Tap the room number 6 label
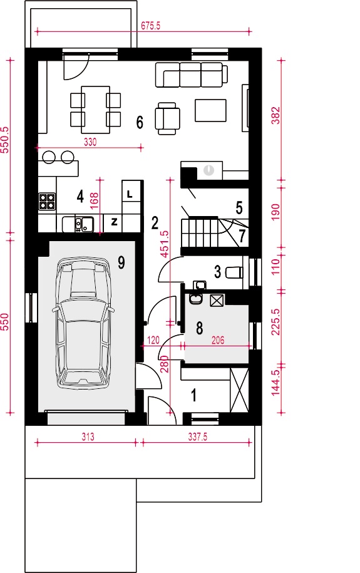pos(140,122)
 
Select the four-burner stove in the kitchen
pos(47,201)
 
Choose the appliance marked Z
pos(113,222)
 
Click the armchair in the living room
pos(167,118)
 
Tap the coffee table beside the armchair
pos(211,110)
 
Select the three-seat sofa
pos(191,75)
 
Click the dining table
pos(95,110)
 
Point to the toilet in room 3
pos(235,272)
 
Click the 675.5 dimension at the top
pos(151,26)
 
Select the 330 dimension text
pos(90,142)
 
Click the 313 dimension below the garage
pos(88,436)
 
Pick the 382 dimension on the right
pos(276,115)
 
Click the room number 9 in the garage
pos(121,262)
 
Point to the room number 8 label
pos(199,328)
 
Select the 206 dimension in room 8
pos(218,340)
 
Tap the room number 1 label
pos(193,395)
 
